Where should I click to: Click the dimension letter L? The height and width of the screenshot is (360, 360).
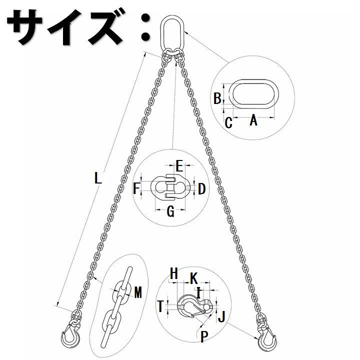click(x=98, y=178)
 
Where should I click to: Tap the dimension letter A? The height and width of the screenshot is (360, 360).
click(x=253, y=120)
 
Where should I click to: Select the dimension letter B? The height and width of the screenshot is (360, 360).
click(x=217, y=98)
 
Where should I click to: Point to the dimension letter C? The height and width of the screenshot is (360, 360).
click(x=228, y=122)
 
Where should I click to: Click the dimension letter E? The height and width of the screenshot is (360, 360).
click(x=179, y=166)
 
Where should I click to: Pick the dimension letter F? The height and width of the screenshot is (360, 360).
click(x=136, y=188)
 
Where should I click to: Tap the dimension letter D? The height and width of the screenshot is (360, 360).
click(x=201, y=189)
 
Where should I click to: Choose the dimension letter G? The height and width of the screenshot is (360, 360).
click(x=170, y=211)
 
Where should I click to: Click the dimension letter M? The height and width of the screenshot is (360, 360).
click(x=138, y=292)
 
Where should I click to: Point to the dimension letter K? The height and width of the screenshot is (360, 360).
click(x=194, y=278)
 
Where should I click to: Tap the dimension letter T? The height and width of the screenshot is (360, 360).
click(x=160, y=306)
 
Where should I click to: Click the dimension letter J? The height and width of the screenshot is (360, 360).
click(x=221, y=317)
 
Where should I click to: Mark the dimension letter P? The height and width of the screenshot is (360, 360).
click(x=204, y=337)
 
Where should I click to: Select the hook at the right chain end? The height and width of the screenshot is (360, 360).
click(x=267, y=339)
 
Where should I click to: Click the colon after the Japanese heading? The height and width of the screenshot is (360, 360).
click(x=145, y=27)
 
